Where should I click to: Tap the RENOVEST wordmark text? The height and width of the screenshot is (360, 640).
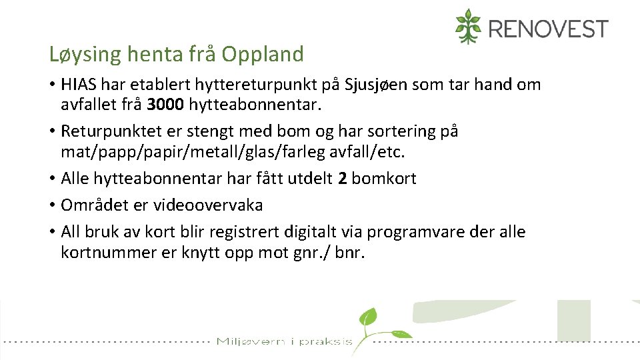[548, 29]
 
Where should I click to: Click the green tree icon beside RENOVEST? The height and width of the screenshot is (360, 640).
[468, 27]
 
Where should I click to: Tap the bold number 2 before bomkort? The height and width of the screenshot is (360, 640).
[343, 178]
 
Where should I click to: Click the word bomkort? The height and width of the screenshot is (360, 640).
[384, 178]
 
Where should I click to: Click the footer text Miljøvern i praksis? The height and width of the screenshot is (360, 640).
[284, 342]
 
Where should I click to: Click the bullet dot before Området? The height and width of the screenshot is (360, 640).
[51, 205]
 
